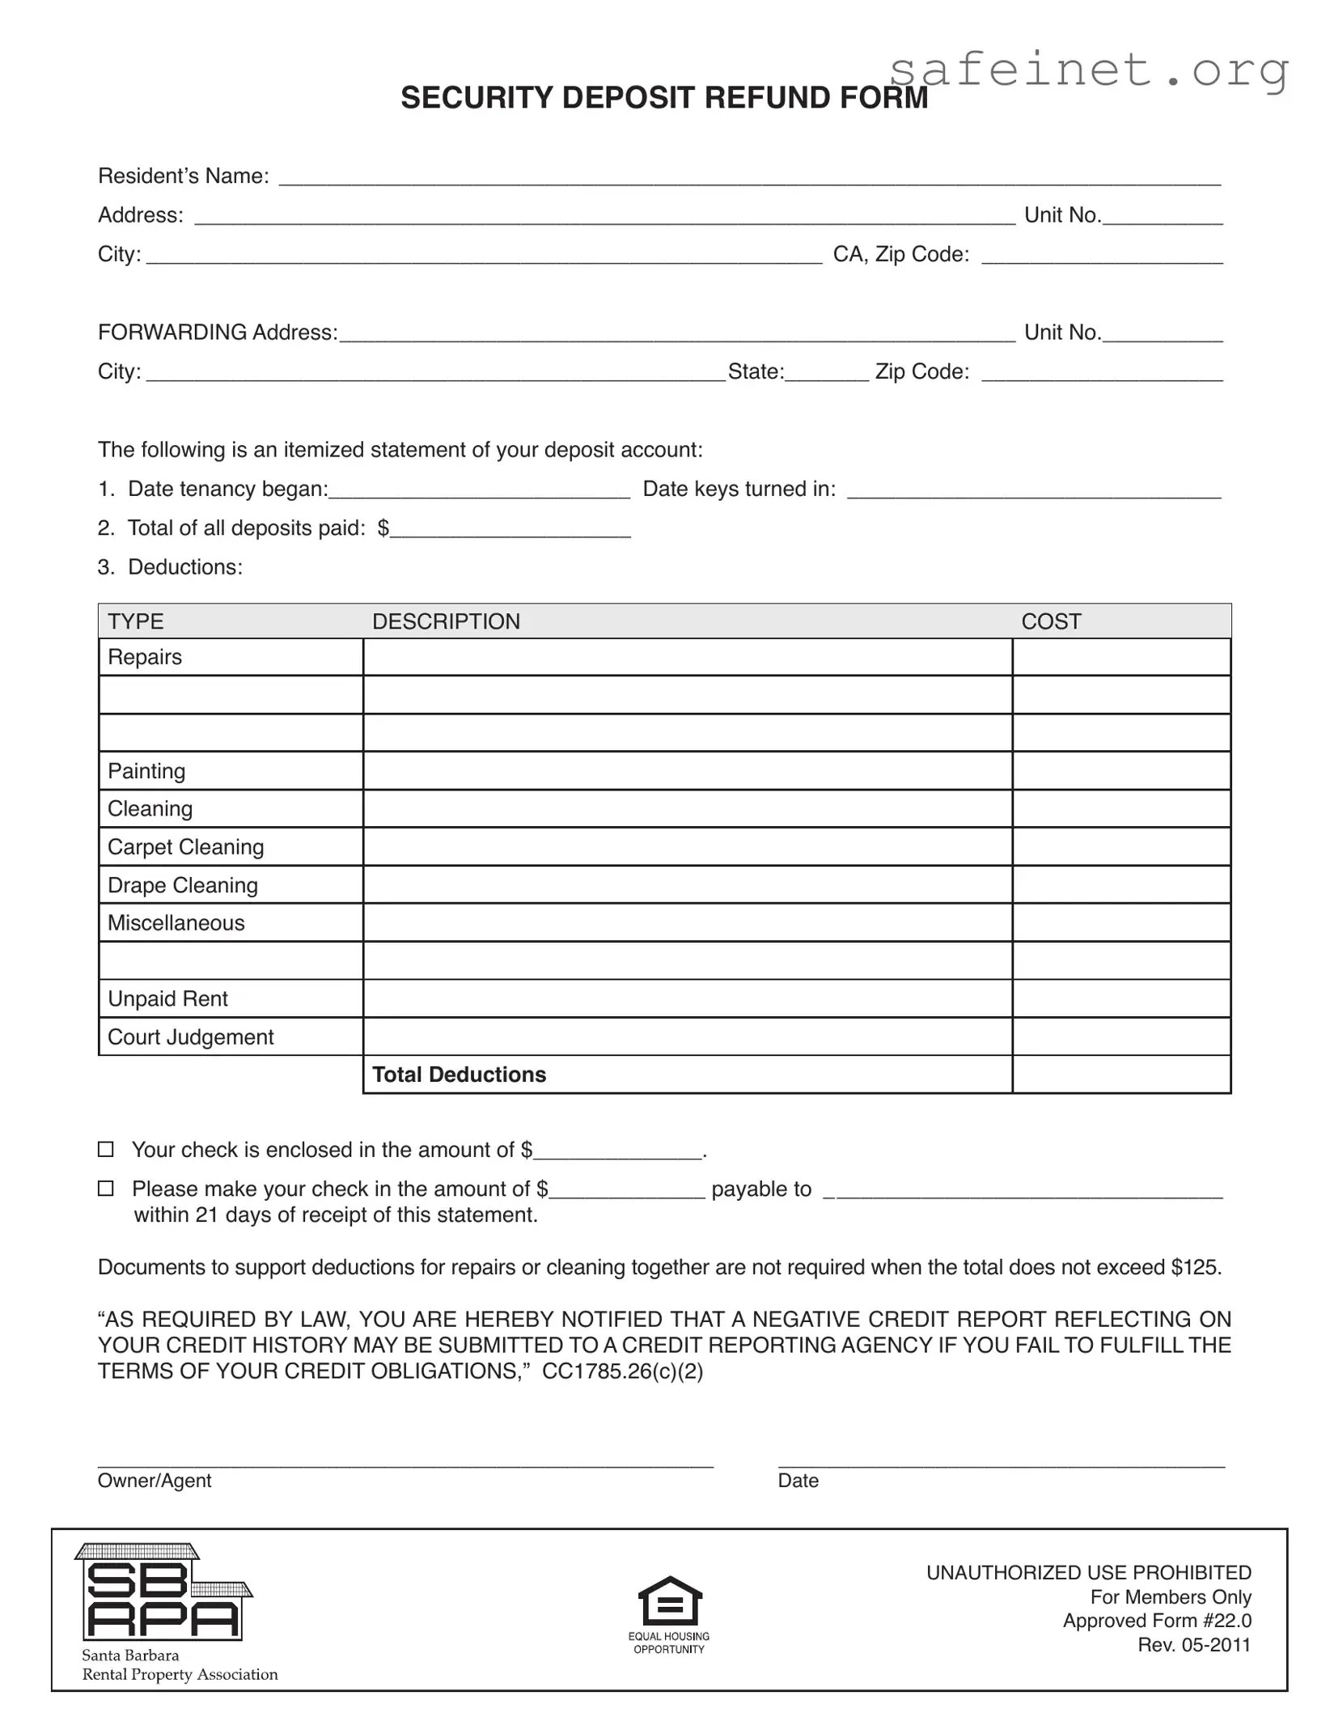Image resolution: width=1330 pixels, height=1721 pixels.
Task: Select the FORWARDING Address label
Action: pyautogui.click(x=218, y=333)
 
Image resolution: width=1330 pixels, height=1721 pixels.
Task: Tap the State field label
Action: pyautogui.click(x=756, y=372)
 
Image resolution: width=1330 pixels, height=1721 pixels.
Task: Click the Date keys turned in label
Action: pyautogui.click(x=739, y=490)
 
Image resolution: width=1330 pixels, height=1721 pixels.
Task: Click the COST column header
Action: pyautogui.click(x=1050, y=621)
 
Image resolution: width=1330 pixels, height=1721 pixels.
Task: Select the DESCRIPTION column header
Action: pyautogui.click(x=446, y=621)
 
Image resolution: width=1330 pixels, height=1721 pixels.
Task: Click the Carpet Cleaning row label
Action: pyautogui.click(x=185, y=847)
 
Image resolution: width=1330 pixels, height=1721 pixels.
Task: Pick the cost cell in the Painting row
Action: pyautogui.click(x=1120, y=771)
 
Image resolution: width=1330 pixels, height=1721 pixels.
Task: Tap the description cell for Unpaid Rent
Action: pyautogui.click(x=687, y=999)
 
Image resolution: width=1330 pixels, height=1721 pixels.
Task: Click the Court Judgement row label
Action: pyautogui.click(x=190, y=1037)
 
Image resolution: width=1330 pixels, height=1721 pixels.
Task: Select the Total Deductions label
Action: pyautogui.click(x=459, y=1075)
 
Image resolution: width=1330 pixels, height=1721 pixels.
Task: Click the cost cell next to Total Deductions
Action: pyautogui.click(x=1120, y=1075)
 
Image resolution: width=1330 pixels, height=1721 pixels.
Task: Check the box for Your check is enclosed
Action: pyautogui.click(x=106, y=1149)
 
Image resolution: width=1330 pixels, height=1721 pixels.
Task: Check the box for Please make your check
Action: pyautogui.click(x=106, y=1188)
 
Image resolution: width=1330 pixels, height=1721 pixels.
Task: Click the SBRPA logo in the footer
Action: pyautogui.click(x=163, y=1594)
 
